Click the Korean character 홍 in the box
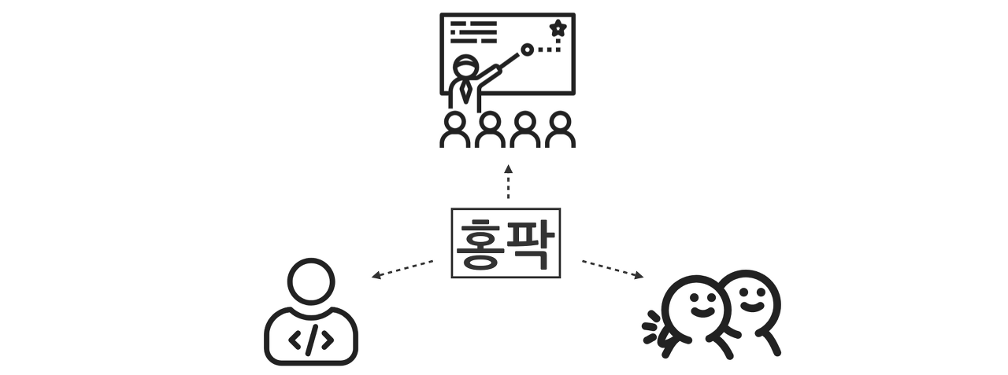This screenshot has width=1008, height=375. click(480, 244)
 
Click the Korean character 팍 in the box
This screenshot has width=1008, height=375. click(532, 244)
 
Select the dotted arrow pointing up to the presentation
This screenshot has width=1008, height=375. click(509, 182)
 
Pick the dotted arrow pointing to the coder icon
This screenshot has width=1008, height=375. click(402, 268)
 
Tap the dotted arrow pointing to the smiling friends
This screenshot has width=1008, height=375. click(613, 268)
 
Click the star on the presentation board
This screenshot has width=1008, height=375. click(558, 29)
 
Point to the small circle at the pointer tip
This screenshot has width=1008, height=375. click(527, 50)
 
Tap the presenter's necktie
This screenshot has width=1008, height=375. click(466, 90)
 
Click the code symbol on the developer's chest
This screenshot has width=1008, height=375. click(310, 340)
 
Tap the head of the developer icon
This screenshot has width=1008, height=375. click(311, 281)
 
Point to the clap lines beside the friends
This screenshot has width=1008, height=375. click(652, 325)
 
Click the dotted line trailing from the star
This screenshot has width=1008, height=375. click(549, 50)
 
